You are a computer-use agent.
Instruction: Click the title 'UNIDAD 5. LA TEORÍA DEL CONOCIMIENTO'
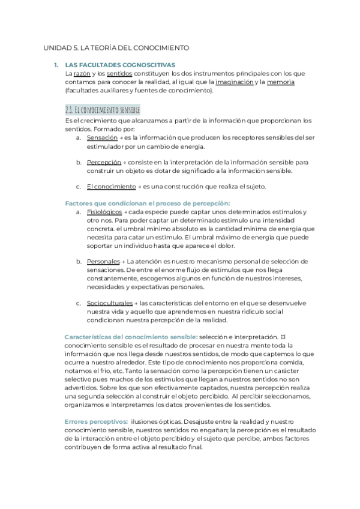pyautogui.click(x=117, y=47)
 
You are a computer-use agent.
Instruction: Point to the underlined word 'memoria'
pyautogui.click(x=280, y=82)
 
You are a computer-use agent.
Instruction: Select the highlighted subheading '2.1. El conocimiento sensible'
pyautogui.click(x=103, y=110)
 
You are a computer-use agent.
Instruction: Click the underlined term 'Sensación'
pyautogui.click(x=102, y=137)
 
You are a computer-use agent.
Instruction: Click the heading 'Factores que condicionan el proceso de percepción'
pyautogui.click(x=148, y=203)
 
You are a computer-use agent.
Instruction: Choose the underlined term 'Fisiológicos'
pyautogui.click(x=104, y=212)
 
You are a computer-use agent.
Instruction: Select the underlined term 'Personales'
pyautogui.click(x=103, y=261)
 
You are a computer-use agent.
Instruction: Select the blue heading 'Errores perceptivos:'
pyautogui.click(x=96, y=422)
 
